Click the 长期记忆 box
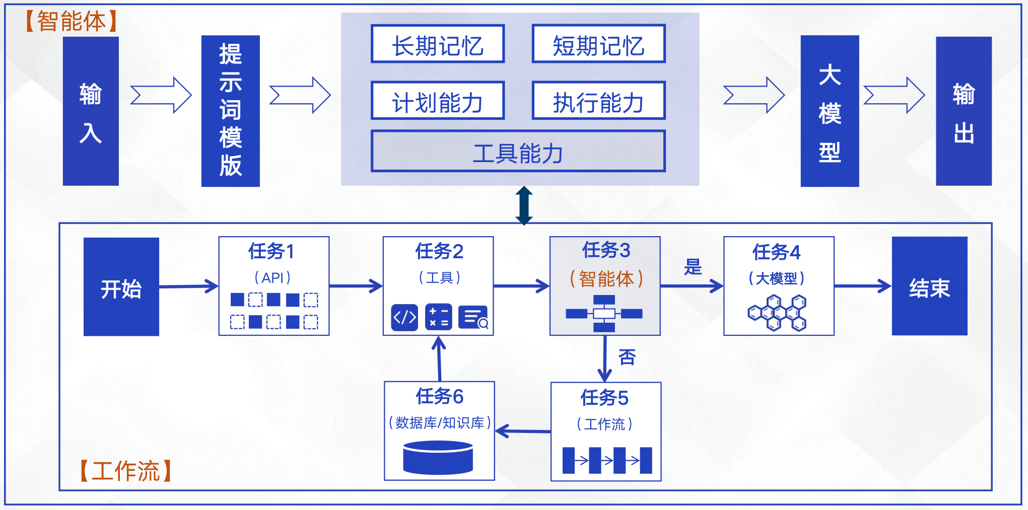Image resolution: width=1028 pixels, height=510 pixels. click(438, 44)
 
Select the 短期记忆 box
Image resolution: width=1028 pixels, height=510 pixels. click(598, 44)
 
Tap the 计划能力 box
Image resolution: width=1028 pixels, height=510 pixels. click(438, 101)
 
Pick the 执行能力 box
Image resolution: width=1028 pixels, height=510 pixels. click(598, 101)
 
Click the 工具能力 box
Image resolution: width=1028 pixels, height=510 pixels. click(518, 152)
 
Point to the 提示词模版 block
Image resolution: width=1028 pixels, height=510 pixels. click(230, 111)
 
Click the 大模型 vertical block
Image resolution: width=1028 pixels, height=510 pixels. click(830, 111)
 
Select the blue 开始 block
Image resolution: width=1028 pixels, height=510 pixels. click(121, 286)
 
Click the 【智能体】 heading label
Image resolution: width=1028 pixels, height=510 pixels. click(71, 21)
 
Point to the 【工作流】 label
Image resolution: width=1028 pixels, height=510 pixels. click(125, 471)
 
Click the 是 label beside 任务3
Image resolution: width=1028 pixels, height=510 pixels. click(693, 267)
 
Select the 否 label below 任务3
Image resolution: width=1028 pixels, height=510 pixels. click(627, 357)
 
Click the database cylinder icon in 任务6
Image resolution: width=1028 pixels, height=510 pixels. click(438, 457)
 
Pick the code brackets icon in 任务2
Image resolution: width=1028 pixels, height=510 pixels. click(404, 317)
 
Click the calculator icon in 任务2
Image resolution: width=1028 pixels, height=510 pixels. click(438, 317)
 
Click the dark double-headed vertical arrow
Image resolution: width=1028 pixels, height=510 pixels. click(524, 205)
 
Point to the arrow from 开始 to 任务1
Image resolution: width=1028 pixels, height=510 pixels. click(189, 286)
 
